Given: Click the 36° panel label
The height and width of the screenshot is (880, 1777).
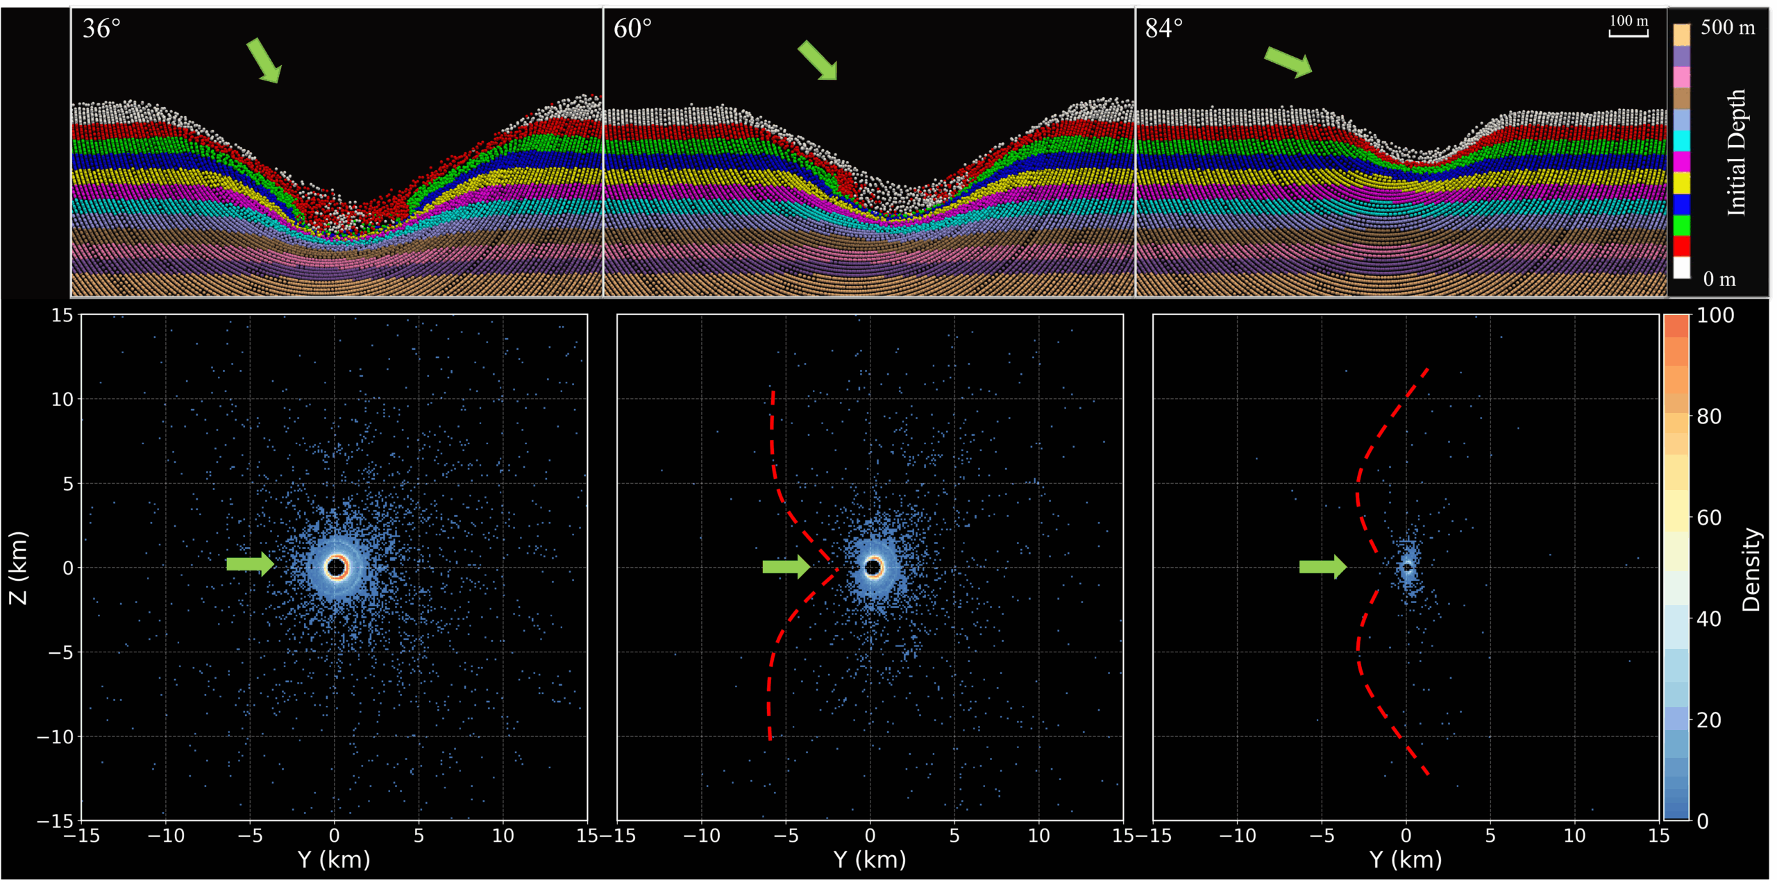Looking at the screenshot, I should click(x=101, y=28).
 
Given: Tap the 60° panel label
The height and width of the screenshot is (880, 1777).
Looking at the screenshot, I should click(x=632, y=28).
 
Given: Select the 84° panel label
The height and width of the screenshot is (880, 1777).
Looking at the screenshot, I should click(x=1164, y=28).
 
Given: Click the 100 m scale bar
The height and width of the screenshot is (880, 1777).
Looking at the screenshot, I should click(x=1628, y=33).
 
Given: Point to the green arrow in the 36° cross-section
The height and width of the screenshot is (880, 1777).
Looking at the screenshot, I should click(x=264, y=60).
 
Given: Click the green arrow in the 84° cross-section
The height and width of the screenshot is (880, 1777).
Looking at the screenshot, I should click(x=1288, y=62).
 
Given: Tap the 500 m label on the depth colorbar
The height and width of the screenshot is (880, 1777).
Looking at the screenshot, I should click(x=1728, y=28).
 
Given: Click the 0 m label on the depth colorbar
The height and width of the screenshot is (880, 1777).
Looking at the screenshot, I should click(x=1719, y=279).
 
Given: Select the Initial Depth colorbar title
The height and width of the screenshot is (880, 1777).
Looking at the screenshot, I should click(x=1736, y=153).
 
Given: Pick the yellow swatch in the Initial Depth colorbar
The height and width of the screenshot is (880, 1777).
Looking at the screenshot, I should click(x=1682, y=183).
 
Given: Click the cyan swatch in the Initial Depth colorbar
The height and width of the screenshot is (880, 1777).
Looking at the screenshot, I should click(x=1682, y=141).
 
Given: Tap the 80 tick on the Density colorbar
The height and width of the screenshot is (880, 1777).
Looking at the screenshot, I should click(x=1709, y=416).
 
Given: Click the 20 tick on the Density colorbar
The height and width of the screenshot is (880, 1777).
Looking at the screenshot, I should click(x=1709, y=720).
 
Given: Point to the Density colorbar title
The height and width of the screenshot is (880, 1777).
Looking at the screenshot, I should click(x=1752, y=569).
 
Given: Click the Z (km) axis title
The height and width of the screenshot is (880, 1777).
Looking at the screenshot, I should click(x=18, y=568).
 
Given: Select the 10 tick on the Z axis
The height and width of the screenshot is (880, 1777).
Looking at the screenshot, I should click(x=62, y=399).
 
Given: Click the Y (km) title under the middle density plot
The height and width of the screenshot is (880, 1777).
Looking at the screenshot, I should click(x=870, y=860).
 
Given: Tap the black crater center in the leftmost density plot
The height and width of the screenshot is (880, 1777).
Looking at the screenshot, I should click(x=336, y=567).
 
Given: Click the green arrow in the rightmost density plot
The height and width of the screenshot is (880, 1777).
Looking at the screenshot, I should click(x=1323, y=567).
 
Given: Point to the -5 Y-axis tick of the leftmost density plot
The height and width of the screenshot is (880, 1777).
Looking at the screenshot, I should click(x=250, y=836).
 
